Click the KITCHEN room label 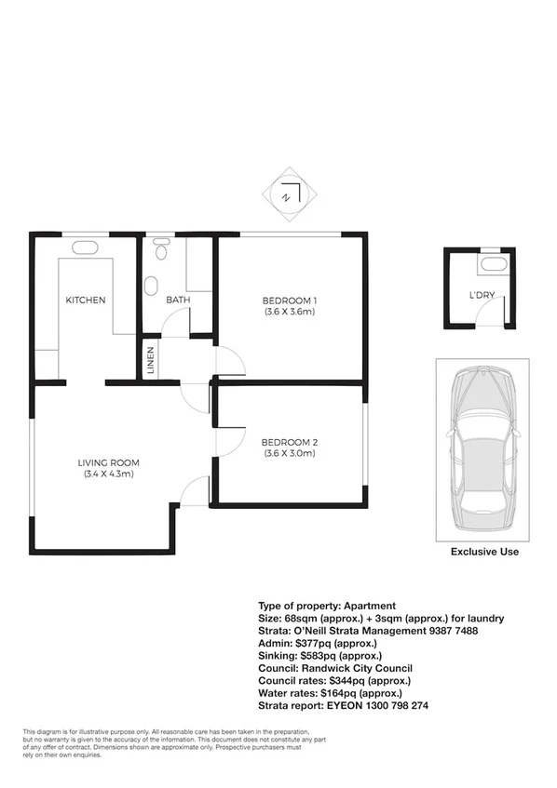point(85,300)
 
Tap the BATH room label point(178,300)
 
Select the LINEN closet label point(149,360)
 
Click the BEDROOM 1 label point(290,300)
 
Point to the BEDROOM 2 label point(290,441)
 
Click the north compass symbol point(290,195)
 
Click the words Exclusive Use point(484,552)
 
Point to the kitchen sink point(86,247)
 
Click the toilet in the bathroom point(161,250)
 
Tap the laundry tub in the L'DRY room point(493,264)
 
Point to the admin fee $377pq point(313,643)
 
